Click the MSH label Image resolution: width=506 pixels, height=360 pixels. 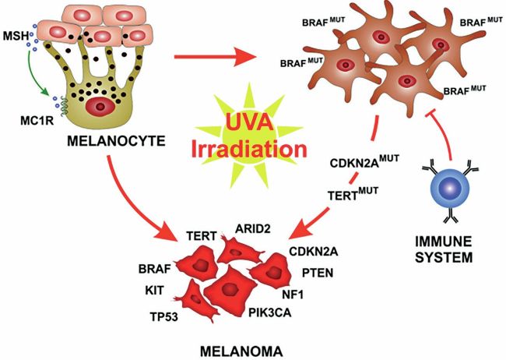coord(16,36)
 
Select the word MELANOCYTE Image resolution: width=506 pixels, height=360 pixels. coord(116,141)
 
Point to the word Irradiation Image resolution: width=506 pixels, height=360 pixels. coord(249,149)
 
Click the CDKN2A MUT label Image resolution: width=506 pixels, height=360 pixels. coord(364,161)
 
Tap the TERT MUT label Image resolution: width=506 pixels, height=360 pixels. coord(353,194)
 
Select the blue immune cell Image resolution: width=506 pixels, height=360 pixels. coord(451,188)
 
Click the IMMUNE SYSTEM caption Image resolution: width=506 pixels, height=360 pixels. coord(444,249)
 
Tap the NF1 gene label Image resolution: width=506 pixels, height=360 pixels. coord(293,295)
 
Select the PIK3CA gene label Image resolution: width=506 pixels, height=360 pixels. coord(270,312)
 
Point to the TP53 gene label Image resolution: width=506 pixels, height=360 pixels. coord(164,316)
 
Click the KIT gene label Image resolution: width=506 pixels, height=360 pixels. coord(154,290)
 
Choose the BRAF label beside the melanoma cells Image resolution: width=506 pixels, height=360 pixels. coord(155,269)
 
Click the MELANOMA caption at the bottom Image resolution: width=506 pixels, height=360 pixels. coord(241,352)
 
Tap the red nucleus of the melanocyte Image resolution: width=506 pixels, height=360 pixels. coord(100,107)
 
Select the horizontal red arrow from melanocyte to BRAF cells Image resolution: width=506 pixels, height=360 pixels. coord(216,57)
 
